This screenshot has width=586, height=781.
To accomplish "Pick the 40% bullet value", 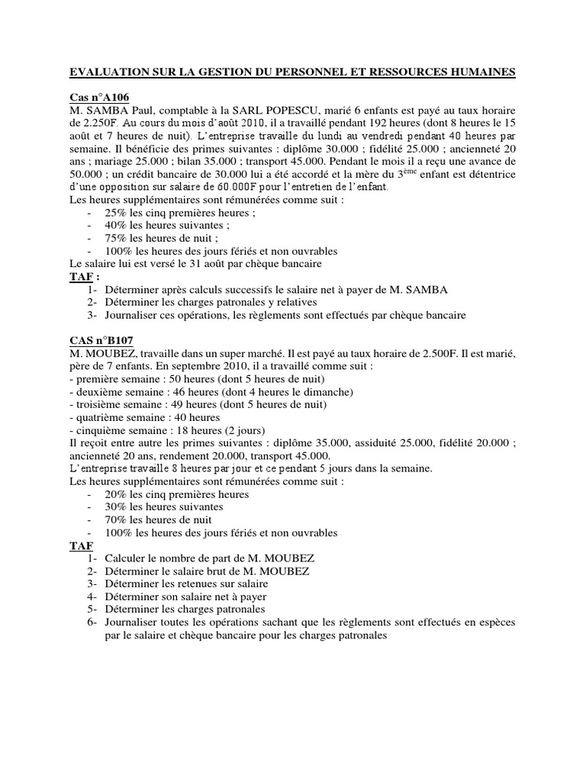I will [x=117, y=226].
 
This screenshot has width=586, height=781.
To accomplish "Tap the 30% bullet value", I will [x=117, y=507].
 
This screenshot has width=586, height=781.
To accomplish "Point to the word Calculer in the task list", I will [x=127, y=558].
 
